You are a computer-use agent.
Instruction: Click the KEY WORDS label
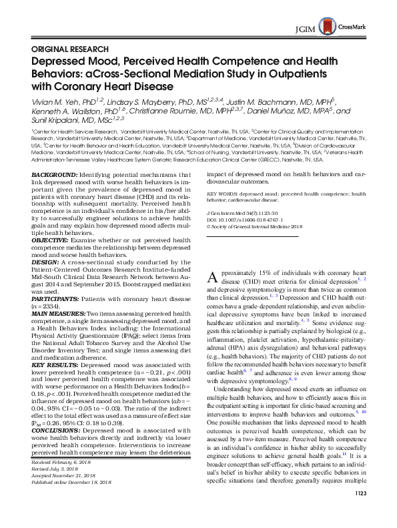coord(233,196)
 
